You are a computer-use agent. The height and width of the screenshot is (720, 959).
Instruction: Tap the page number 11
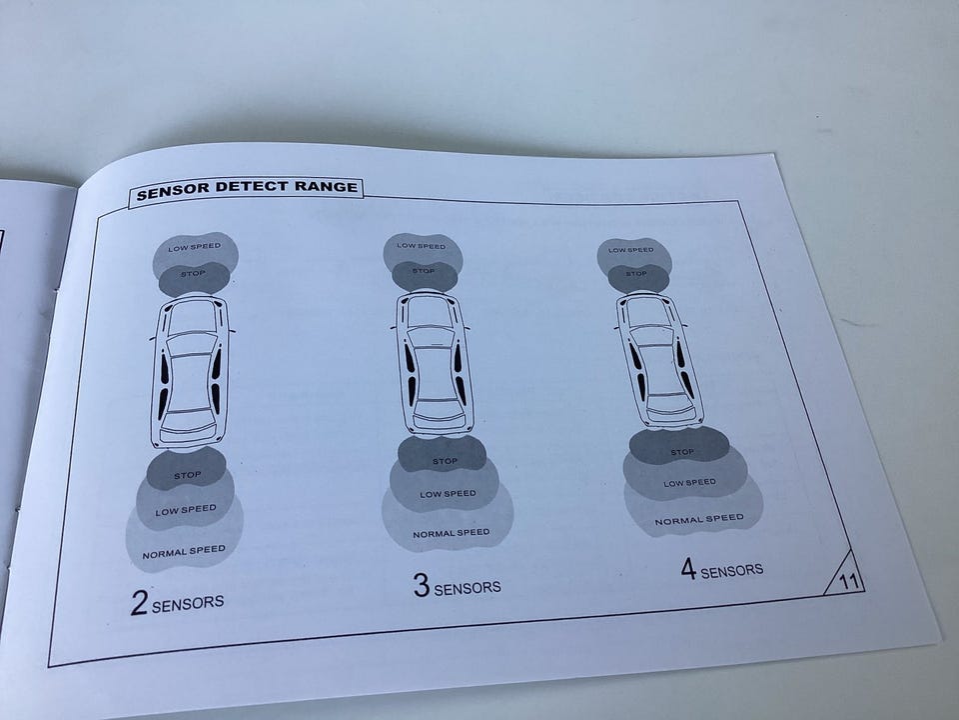(x=848, y=580)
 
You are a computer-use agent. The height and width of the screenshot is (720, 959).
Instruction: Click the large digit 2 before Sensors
(x=139, y=602)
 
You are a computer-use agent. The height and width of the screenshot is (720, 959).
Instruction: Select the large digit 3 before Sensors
(x=422, y=585)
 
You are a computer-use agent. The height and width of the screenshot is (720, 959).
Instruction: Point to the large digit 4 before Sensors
(x=688, y=568)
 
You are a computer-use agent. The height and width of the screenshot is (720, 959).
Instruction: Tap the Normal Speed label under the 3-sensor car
(x=452, y=533)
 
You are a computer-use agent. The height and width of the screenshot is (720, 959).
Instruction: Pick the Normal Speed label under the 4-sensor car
(x=699, y=520)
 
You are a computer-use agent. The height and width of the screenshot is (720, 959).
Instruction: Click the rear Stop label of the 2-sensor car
(x=187, y=475)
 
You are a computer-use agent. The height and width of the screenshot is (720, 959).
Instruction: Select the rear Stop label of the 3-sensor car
(x=445, y=461)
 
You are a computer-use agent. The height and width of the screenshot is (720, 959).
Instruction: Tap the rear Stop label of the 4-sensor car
(x=682, y=452)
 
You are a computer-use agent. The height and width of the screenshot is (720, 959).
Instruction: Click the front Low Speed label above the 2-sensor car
(x=195, y=247)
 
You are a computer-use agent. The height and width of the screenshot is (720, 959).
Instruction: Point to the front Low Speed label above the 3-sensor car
(x=422, y=246)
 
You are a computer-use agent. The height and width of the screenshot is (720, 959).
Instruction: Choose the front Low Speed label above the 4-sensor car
(x=630, y=250)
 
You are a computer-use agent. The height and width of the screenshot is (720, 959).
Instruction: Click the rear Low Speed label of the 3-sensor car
(x=448, y=493)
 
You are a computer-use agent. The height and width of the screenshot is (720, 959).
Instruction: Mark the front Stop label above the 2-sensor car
(x=193, y=273)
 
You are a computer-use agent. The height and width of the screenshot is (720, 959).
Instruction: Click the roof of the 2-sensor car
(x=190, y=381)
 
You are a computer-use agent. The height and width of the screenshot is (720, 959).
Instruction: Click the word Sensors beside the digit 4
(x=732, y=571)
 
